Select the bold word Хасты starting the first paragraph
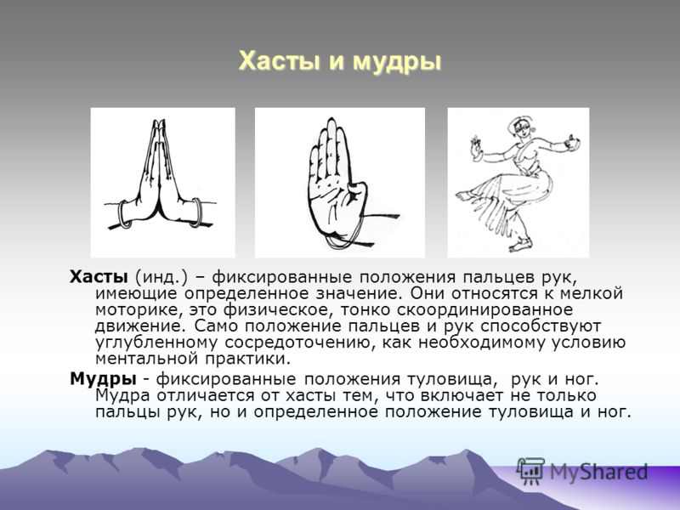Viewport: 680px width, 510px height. (x=98, y=277)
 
